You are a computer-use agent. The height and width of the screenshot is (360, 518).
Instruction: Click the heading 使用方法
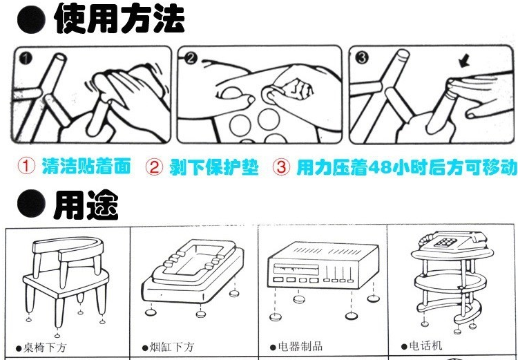[119, 19]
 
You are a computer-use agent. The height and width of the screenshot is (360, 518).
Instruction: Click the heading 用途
[86, 206]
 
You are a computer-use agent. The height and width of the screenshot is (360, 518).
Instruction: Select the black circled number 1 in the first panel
[26, 59]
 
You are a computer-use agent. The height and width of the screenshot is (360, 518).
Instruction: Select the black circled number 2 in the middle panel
[191, 59]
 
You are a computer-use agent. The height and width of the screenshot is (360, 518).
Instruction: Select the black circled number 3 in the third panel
[362, 58]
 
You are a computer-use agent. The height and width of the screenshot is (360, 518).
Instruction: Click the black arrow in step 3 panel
[465, 62]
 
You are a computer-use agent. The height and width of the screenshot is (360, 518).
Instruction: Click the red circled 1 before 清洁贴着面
[26, 167]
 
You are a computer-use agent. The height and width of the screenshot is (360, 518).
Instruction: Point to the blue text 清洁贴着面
[86, 167]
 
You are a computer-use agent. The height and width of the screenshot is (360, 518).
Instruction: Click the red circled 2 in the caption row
[154, 167]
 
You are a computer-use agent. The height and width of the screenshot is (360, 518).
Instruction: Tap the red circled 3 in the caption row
[281, 167]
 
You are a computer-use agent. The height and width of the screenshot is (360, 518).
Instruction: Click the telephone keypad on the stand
[443, 243]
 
